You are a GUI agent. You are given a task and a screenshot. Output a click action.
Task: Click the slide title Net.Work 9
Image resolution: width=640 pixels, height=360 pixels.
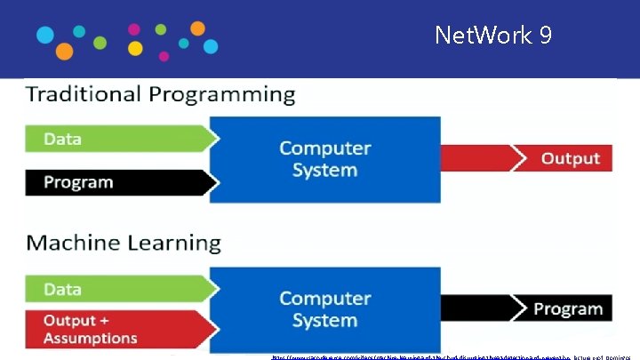tap(493, 36)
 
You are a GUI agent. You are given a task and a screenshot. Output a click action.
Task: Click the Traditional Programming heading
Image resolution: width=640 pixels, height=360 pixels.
tap(160, 94)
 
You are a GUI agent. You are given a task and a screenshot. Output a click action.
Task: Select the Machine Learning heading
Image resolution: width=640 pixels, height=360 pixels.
tap(123, 243)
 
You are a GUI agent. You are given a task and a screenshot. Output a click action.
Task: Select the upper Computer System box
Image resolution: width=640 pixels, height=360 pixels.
tap(324, 159)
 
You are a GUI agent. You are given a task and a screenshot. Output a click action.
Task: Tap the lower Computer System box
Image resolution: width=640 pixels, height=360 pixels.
tap(324, 309)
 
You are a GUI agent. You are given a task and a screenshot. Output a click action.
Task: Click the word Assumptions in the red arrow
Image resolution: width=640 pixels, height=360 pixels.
tap(90, 338)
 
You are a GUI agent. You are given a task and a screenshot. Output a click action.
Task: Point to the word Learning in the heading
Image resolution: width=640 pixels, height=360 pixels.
tap(173, 244)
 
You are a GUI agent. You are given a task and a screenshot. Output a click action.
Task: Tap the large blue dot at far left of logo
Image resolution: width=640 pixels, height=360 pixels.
tap(44, 36)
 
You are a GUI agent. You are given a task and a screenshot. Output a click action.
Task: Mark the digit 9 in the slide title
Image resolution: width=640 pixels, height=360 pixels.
tap(544, 36)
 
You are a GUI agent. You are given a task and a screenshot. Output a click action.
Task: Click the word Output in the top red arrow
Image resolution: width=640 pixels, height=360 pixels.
tap(571, 159)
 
